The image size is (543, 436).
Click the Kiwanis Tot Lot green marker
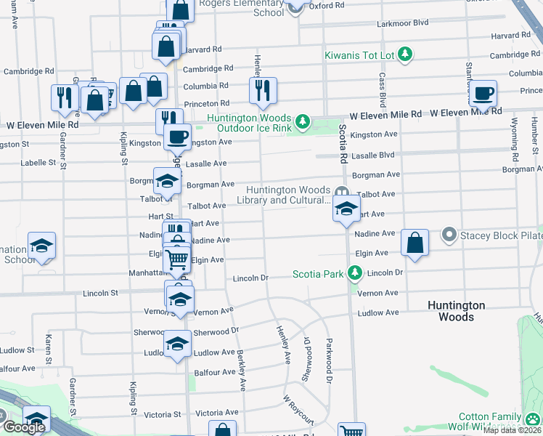click(x=405, y=54)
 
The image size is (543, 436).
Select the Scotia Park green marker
click(x=354, y=274)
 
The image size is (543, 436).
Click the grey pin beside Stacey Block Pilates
click(x=449, y=235)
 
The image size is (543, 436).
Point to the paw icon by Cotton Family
click(x=534, y=419)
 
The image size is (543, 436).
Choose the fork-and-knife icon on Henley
click(x=262, y=91)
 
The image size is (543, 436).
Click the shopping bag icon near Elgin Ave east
click(x=415, y=243)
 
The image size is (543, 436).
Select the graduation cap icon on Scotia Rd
click(x=346, y=209)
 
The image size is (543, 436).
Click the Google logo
click(x=24, y=427)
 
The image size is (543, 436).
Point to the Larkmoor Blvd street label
click(x=403, y=23)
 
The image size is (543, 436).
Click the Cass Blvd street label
click(x=380, y=87)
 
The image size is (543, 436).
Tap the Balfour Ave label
click(x=219, y=372)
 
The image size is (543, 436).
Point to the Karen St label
click(x=49, y=350)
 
